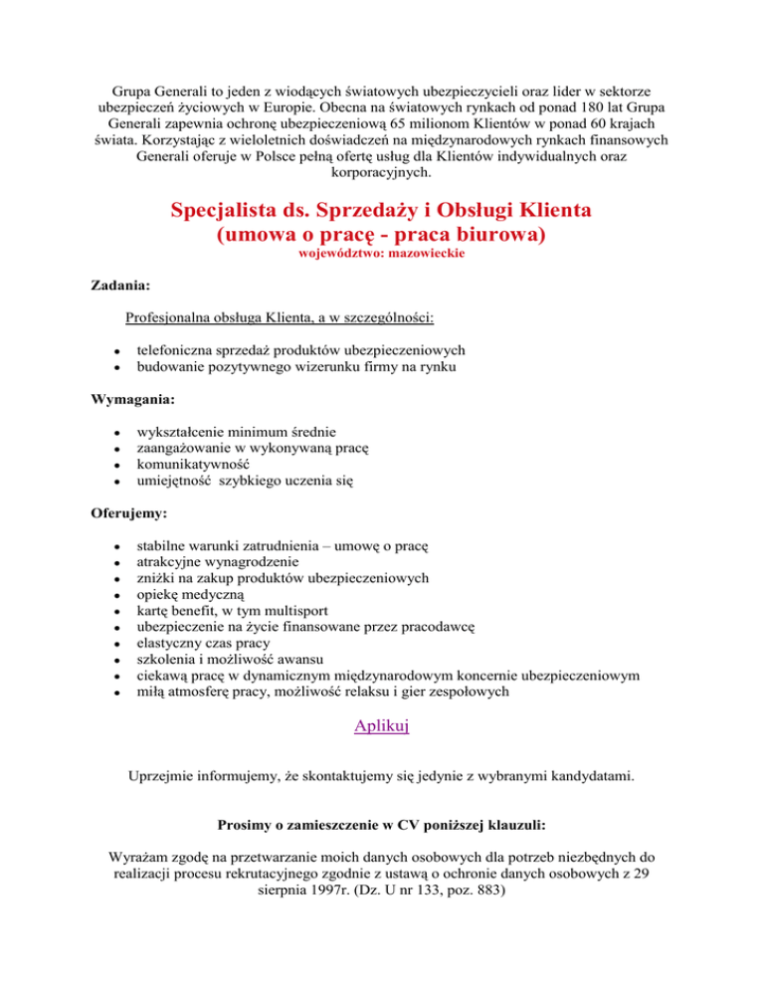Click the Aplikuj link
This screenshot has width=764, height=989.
pyautogui.click(x=382, y=726)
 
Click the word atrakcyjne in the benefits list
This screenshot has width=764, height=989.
pyautogui.click(x=171, y=561)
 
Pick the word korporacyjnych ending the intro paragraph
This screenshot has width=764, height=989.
pyautogui.click(x=382, y=144)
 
